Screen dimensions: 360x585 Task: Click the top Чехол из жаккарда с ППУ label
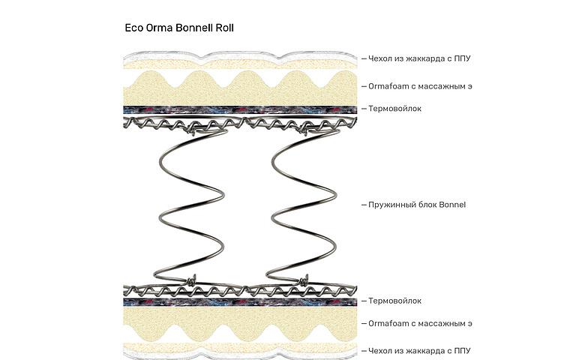(x=419, y=58)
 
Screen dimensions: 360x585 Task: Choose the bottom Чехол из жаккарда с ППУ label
(x=419, y=350)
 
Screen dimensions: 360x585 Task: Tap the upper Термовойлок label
(x=394, y=109)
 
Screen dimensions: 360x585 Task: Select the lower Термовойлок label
(x=394, y=301)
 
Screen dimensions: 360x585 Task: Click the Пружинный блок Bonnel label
(x=417, y=204)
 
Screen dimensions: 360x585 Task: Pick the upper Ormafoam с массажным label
(x=420, y=86)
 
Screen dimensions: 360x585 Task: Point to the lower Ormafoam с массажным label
(x=420, y=324)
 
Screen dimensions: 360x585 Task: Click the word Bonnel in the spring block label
(x=452, y=204)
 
